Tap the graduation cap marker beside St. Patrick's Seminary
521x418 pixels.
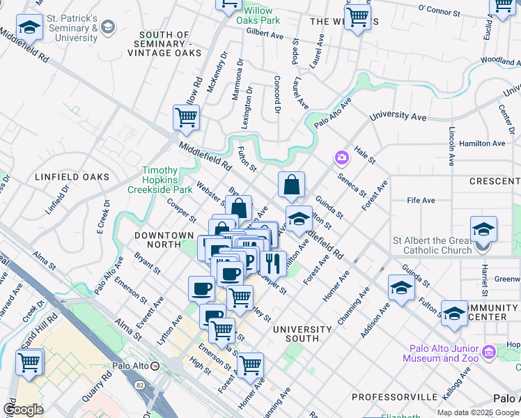[x=29, y=29]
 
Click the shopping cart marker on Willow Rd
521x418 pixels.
[x=186, y=118]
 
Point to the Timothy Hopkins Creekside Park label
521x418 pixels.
[x=157, y=180]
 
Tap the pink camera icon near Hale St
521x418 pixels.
[x=342, y=157]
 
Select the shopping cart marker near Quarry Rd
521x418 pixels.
[x=29, y=362]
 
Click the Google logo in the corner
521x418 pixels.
[x=24, y=409]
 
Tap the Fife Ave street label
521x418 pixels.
[x=421, y=201]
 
